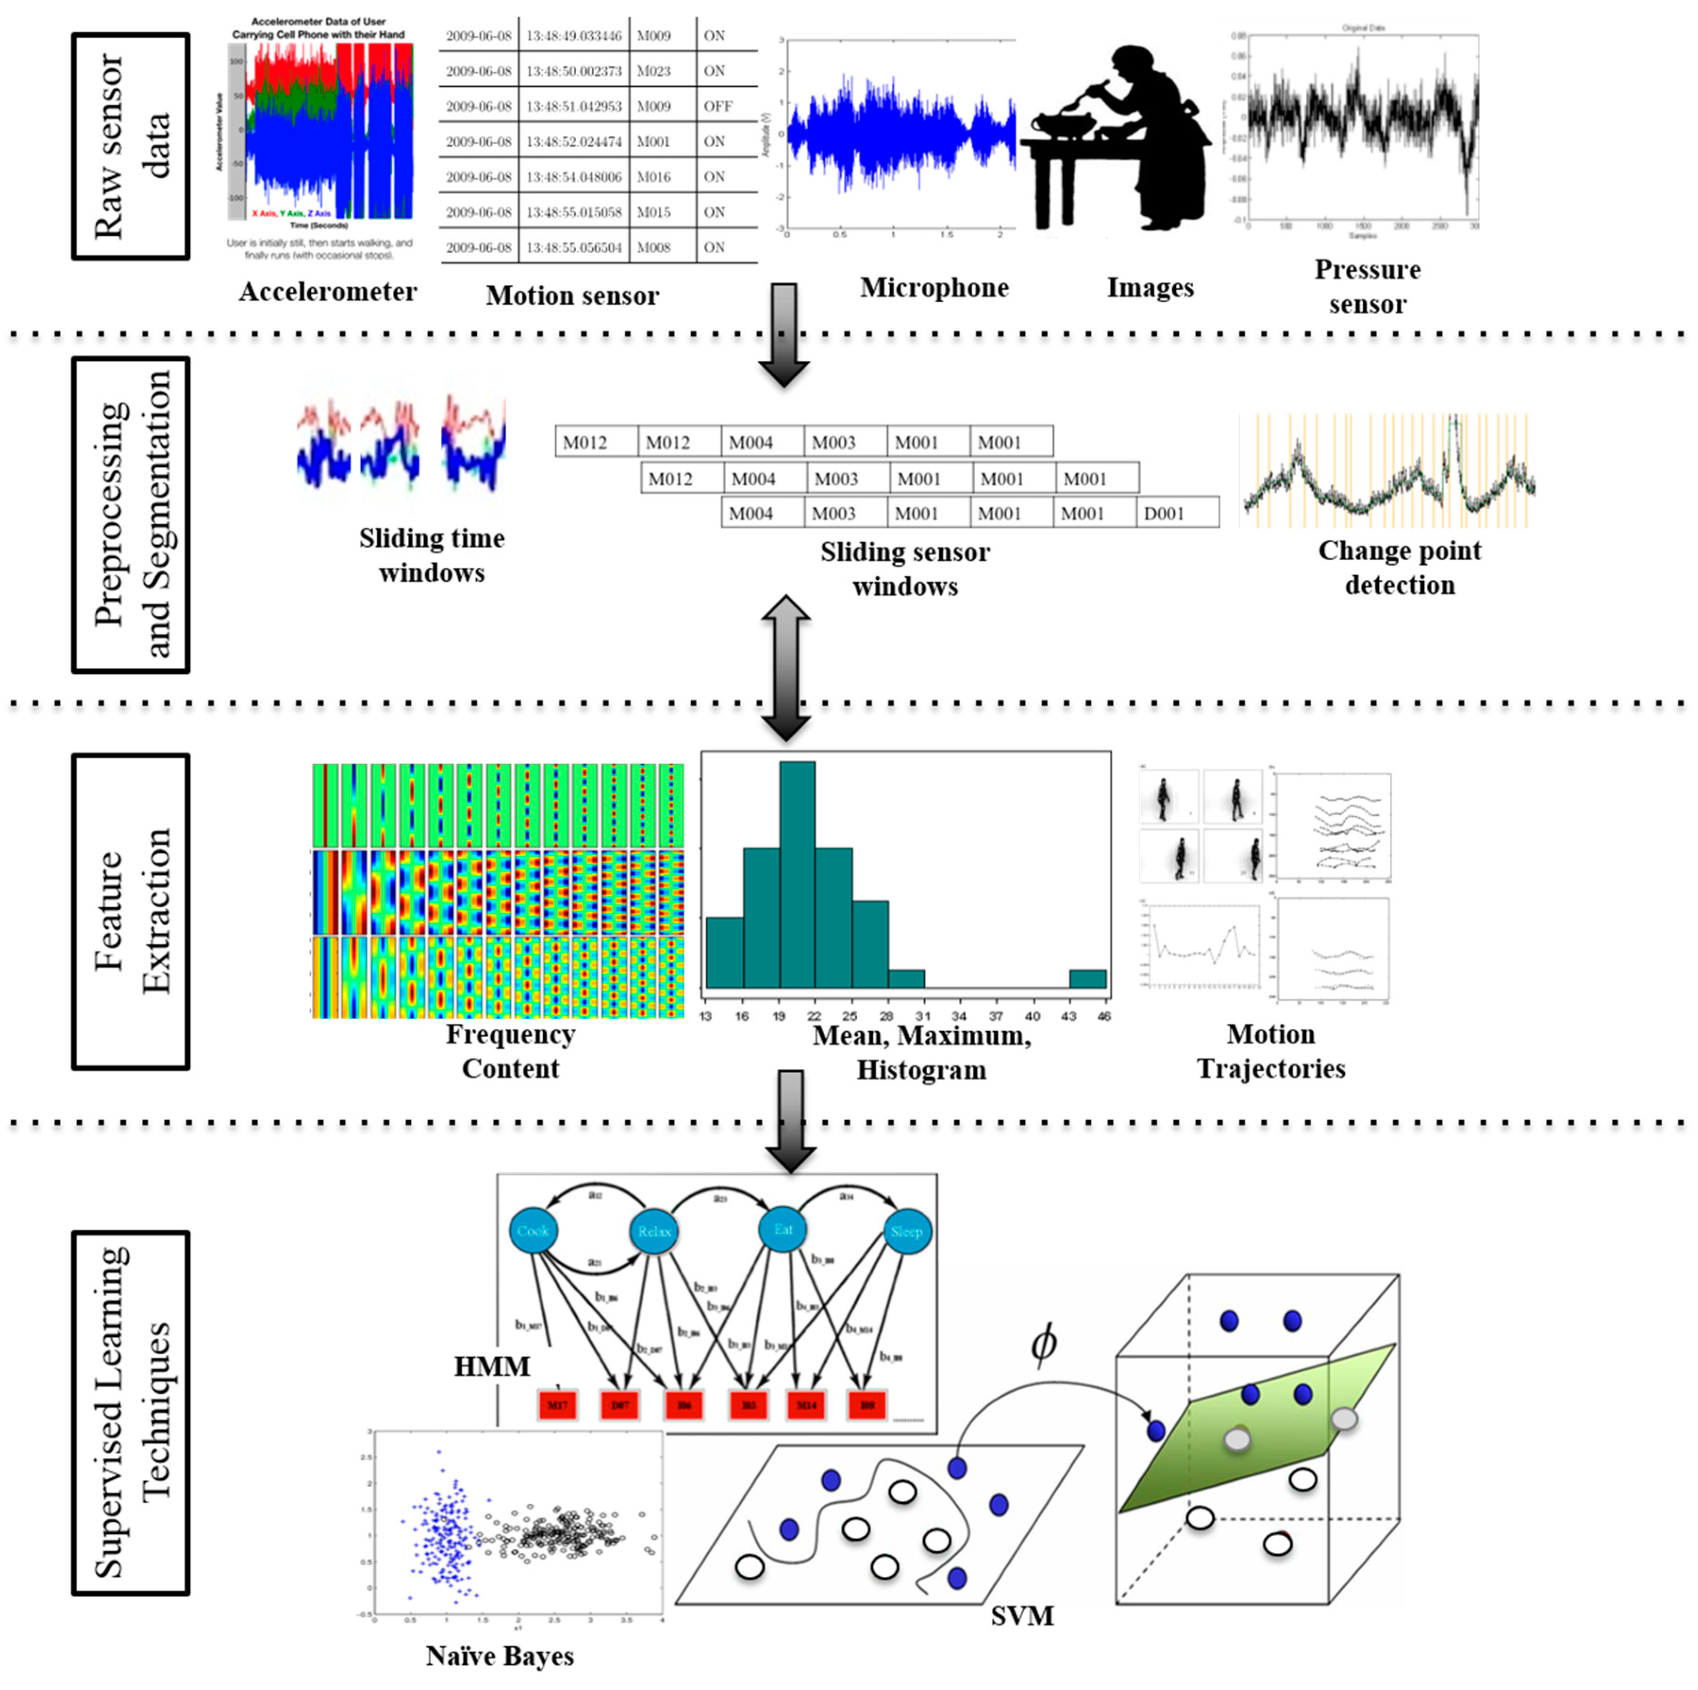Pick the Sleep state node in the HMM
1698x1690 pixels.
point(906,1231)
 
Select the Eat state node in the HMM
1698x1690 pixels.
point(783,1229)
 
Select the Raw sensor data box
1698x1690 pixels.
point(131,146)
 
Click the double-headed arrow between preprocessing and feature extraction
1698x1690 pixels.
point(785,668)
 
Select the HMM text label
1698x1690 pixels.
point(492,1367)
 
